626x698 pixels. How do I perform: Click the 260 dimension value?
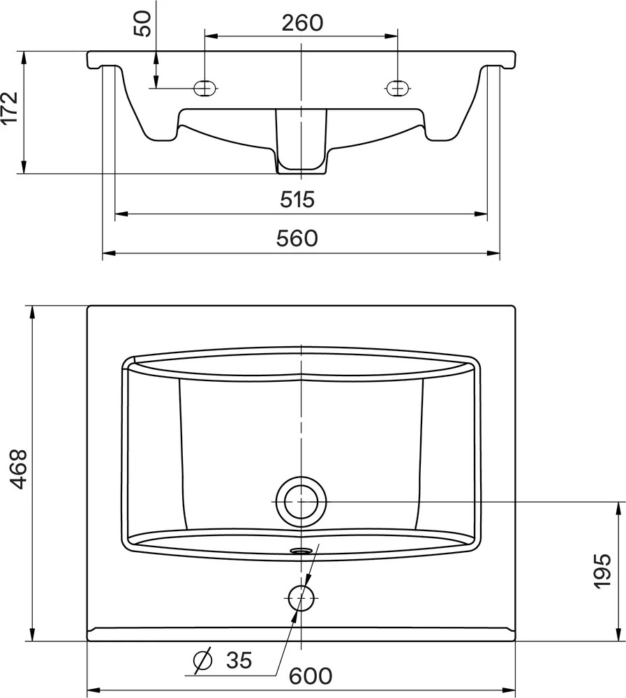[x=302, y=23]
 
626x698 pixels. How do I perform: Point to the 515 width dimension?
[x=297, y=199]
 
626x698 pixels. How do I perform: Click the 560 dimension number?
[x=297, y=238]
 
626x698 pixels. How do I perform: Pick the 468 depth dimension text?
[x=19, y=469]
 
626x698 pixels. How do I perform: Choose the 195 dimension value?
[x=603, y=571]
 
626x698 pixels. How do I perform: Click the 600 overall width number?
[x=311, y=676]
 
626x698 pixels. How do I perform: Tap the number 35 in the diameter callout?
[x=239, y=660]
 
